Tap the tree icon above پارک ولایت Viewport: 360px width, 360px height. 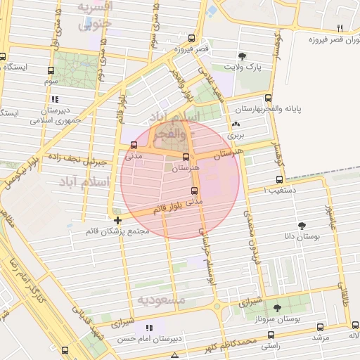(242, 56)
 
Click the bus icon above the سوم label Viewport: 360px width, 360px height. (51, 70)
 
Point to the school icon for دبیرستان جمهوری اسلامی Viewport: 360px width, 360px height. (55, 100)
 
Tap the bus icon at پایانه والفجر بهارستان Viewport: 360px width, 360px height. (268, 98)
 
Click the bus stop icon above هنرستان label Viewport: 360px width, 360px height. (186, 157)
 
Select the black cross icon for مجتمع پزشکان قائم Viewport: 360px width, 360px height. (117, 221)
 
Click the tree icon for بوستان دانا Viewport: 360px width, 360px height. (302, 226)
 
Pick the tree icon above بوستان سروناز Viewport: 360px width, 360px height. (277, 308)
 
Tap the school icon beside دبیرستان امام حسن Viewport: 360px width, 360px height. (148, 328)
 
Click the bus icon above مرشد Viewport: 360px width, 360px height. (321, 327)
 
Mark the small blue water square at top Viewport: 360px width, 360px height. (212, 12)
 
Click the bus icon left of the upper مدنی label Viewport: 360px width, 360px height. (134, 146)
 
